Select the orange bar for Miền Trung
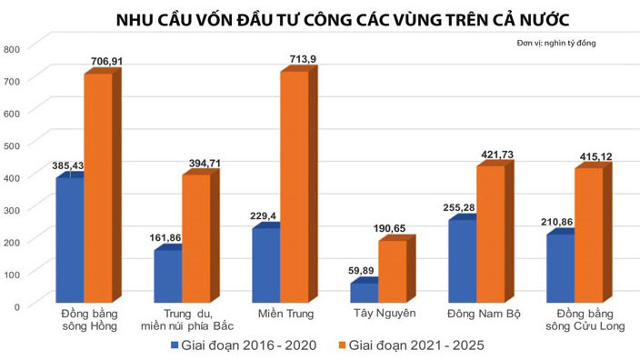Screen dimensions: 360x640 click(x=295, y=186)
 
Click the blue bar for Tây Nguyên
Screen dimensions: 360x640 click(x=364, y=293)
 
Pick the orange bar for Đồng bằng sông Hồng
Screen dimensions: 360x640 click(x=97, y=188)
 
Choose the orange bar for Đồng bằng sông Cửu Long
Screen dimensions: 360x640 click(x=587, y=235)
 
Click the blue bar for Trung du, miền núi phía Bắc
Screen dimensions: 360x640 click(x=166, y=276)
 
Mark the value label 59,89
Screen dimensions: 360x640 click(x=363, y=270)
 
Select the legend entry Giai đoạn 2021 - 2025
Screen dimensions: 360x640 click(x=413, y=345)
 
